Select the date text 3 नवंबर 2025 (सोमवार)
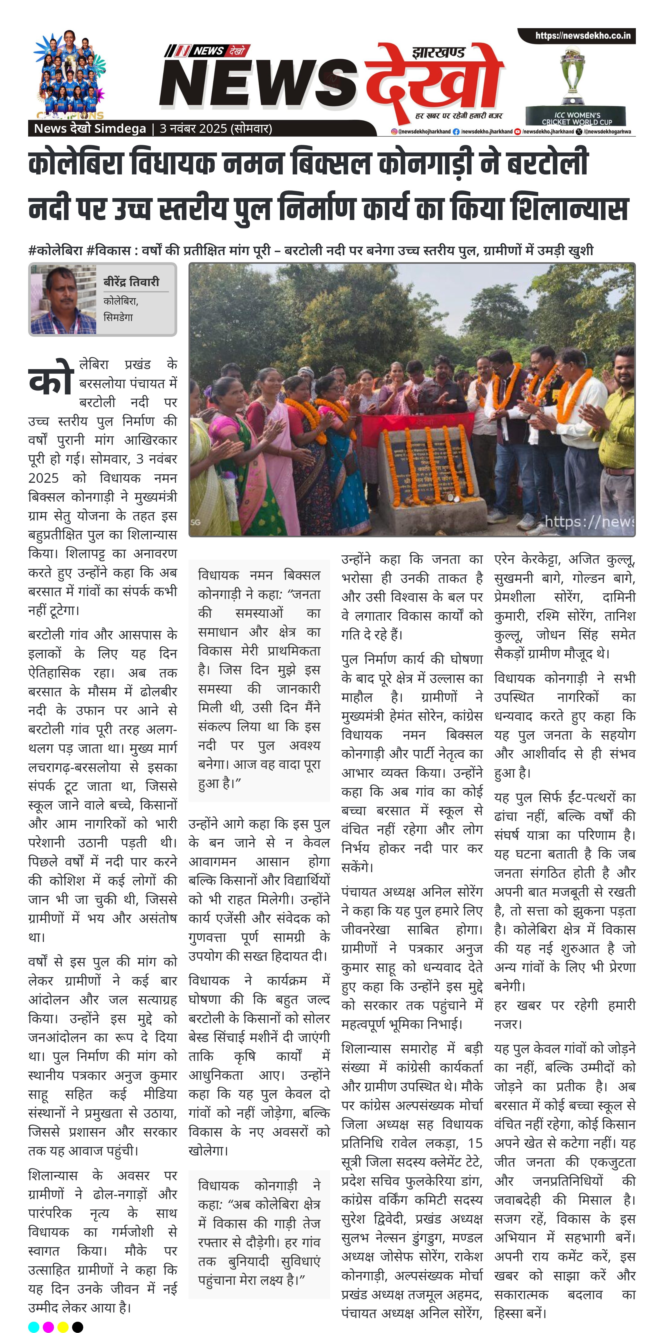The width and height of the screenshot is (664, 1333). [x=215, y=128]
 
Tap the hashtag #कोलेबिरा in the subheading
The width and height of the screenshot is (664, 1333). [x=55, y=250]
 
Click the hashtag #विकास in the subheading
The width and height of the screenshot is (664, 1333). [x=108, y=250]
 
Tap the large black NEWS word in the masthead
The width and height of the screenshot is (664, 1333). [x=259, y=83]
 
